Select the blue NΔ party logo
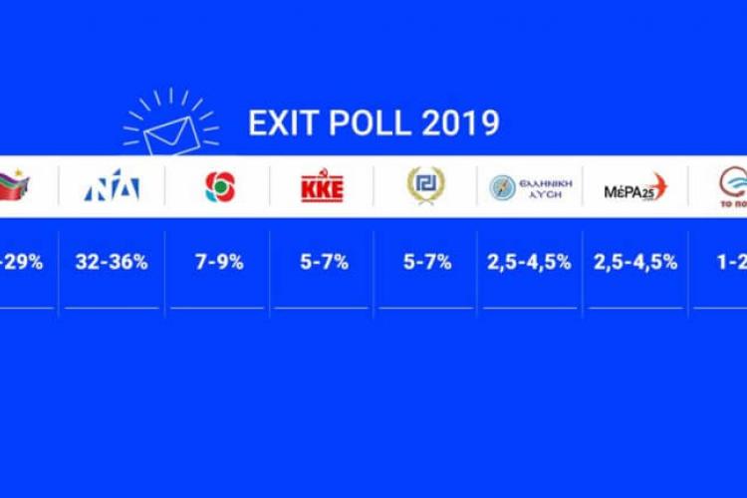pyautogui.click(x=112, y=186)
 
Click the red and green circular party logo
pyautogui.click(x=218, y=186)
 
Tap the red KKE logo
pyautogui.click(x=322, y=186)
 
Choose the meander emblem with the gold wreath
pyautogui.click(x=426, y=185)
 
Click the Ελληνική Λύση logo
pyautogui.click(x=529, y=187)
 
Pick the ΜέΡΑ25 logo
pyautogui.click(x=635, y=187)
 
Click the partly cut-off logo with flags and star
pyautogui.click(x=17, y=185)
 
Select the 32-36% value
pyautogui.click(x=112, y=263)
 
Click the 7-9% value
pyautogui.click(x=218, y=263)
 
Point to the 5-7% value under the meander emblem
pyautogui.click(x=426, y=263)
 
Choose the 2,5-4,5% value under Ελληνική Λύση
pyautogui.click(x=530, y=263)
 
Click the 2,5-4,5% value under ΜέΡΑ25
pyautogui.click(x=635, y=263)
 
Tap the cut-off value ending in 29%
pyautogui.click(x=21, y=263)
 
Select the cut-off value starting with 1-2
pyautogui.click(x=732, y=263)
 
